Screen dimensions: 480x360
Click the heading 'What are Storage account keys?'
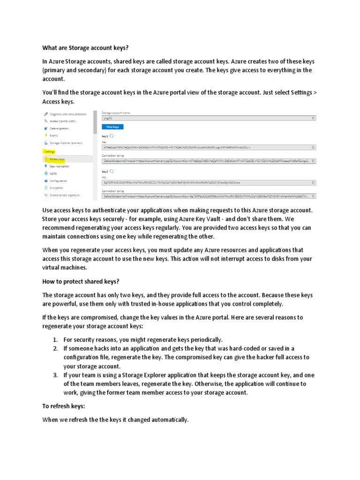coord(85,47)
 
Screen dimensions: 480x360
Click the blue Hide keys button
coord(112,127)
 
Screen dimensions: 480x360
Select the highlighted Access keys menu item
coord(57,159)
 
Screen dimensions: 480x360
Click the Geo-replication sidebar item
coord(60,166)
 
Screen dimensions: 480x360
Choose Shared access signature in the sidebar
coord(65,195)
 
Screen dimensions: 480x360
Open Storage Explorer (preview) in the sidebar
coord(66,142)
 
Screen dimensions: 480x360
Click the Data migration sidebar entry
coord(59,128)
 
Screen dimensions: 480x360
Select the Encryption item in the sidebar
coord(56,187)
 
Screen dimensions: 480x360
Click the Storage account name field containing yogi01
coord(206,119)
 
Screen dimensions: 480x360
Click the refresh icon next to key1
coord(112,135)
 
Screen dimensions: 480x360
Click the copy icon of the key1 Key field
coord(313,147)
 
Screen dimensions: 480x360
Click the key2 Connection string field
coord(206,196)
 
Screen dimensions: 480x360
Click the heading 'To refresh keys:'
coord(64,406)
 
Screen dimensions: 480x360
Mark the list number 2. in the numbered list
coord(55,348)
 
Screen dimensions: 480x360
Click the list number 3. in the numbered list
coord(55,375)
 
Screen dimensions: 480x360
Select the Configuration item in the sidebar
coord(58,180)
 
